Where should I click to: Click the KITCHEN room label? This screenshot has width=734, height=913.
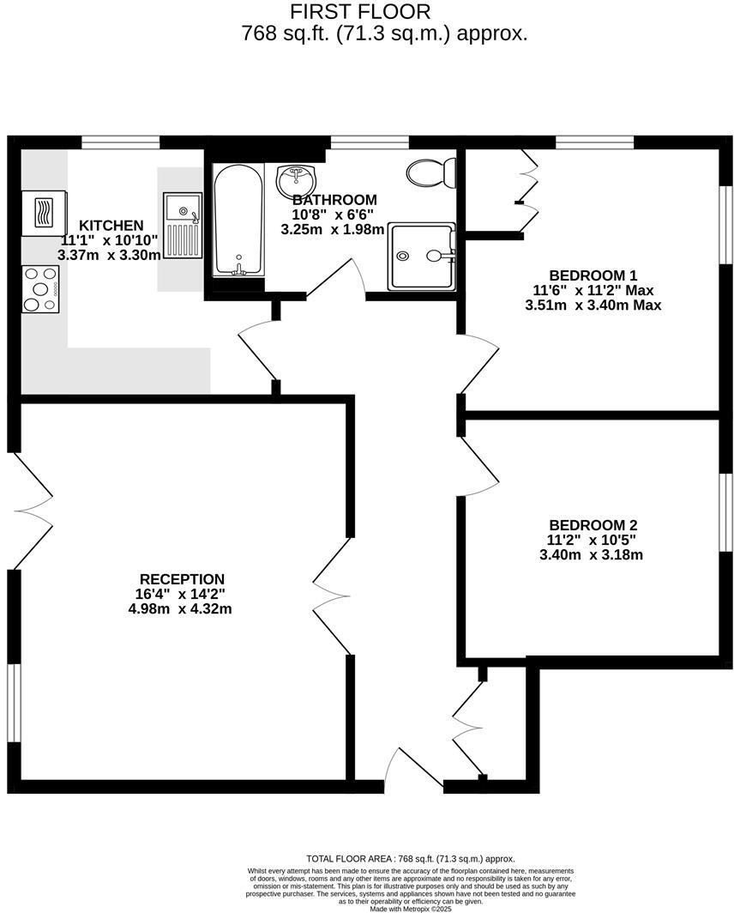[106, 226]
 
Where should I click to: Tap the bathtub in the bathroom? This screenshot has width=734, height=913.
[238, 221]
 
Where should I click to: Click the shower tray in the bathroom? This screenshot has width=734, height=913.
[421, 256]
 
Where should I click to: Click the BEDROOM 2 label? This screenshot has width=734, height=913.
[593, 525]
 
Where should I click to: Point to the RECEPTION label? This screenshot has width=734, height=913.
[182, 579]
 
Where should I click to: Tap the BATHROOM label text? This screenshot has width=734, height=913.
[334, 200]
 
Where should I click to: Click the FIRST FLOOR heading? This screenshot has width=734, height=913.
[359, 12]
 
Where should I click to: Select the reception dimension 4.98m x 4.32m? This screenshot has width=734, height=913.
[180, 609]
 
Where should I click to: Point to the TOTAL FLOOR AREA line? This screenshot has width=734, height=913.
[410, 859]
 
